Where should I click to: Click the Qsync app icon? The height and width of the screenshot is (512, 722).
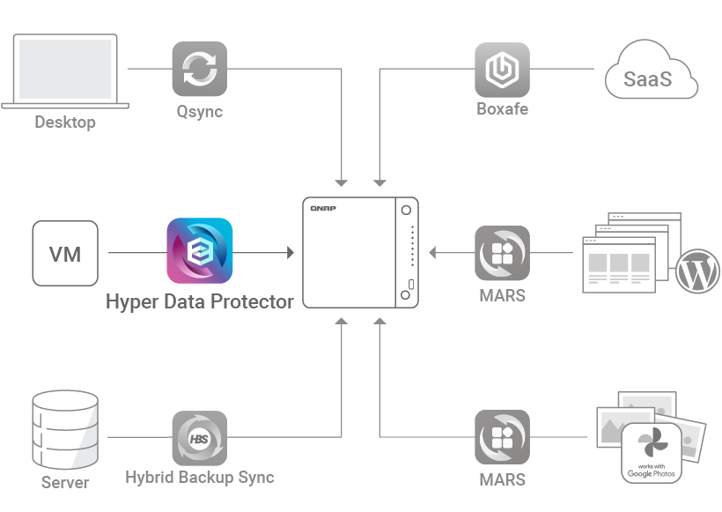pos(199,69)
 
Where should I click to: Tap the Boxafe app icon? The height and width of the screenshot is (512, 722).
pos(502,69)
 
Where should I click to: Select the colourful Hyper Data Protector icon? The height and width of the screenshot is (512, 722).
pos(200,251)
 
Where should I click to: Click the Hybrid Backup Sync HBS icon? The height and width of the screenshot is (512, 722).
pos(199,437)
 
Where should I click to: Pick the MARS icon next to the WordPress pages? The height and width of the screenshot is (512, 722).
pos(502,254)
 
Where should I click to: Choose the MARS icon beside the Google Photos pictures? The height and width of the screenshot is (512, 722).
pos(502,437)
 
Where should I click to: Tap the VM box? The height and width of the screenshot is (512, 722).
pos(65,254)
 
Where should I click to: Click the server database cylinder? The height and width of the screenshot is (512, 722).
pos(64,430)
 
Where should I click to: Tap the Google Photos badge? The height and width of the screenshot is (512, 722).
pos(652,453)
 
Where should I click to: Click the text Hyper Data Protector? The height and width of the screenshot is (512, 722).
pos(199,301)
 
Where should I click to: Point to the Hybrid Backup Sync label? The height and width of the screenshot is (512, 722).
pos(199,478)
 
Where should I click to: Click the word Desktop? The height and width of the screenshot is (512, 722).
pos(65,122)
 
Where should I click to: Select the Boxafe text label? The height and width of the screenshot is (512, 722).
pos(502,110)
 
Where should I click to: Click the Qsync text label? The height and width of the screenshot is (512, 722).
pos(199,112)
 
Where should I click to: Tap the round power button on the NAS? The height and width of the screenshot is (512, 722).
pos(406,211)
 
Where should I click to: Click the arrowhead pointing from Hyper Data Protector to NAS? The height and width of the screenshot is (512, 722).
pos(289,254)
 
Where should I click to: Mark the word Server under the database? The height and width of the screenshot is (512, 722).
pos(65,483)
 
